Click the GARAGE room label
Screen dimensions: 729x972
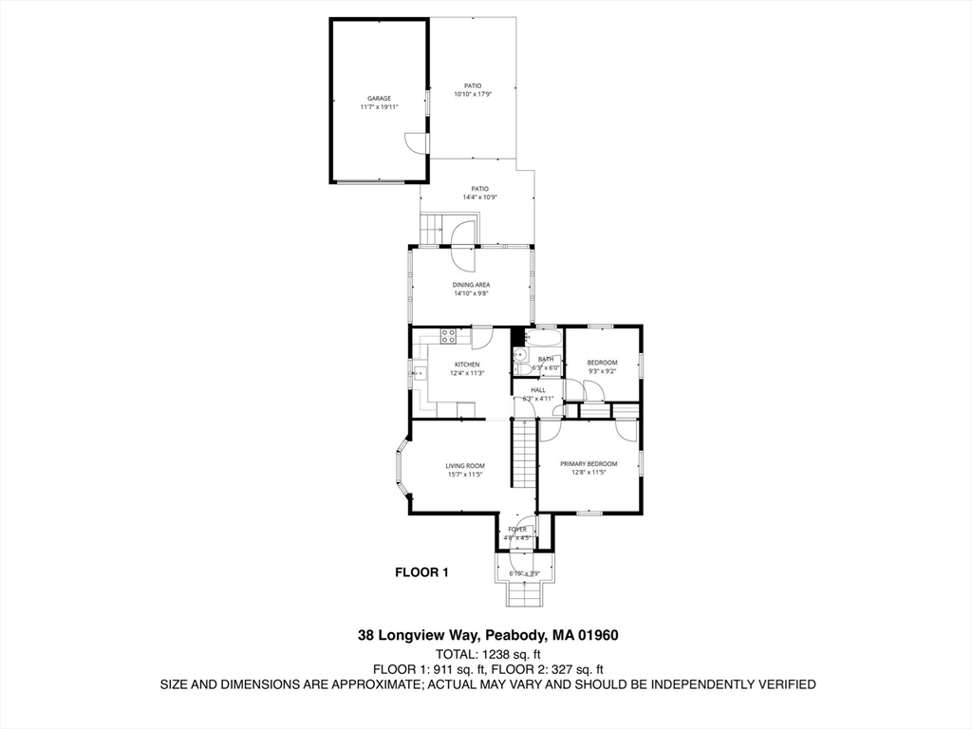point(379,99)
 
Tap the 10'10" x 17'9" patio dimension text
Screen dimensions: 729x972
point(473,95)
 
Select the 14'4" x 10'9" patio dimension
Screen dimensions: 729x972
point(479,197)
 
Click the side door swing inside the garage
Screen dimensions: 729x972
point(413,142)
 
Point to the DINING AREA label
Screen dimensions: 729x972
point(471,285)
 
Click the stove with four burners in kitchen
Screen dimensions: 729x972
point(448,334)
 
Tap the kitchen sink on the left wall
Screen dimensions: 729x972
point(419,372)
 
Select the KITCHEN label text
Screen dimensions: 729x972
point(466,364)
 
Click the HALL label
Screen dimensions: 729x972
point(537,390)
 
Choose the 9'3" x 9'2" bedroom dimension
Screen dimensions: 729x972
point(602,371)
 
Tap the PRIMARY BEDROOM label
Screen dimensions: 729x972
point(588,464)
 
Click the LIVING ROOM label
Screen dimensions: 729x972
point(465,465)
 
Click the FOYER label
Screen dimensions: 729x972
point(516,529)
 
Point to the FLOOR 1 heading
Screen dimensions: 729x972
point(421,572)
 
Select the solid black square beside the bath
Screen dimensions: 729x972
point(517,335)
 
